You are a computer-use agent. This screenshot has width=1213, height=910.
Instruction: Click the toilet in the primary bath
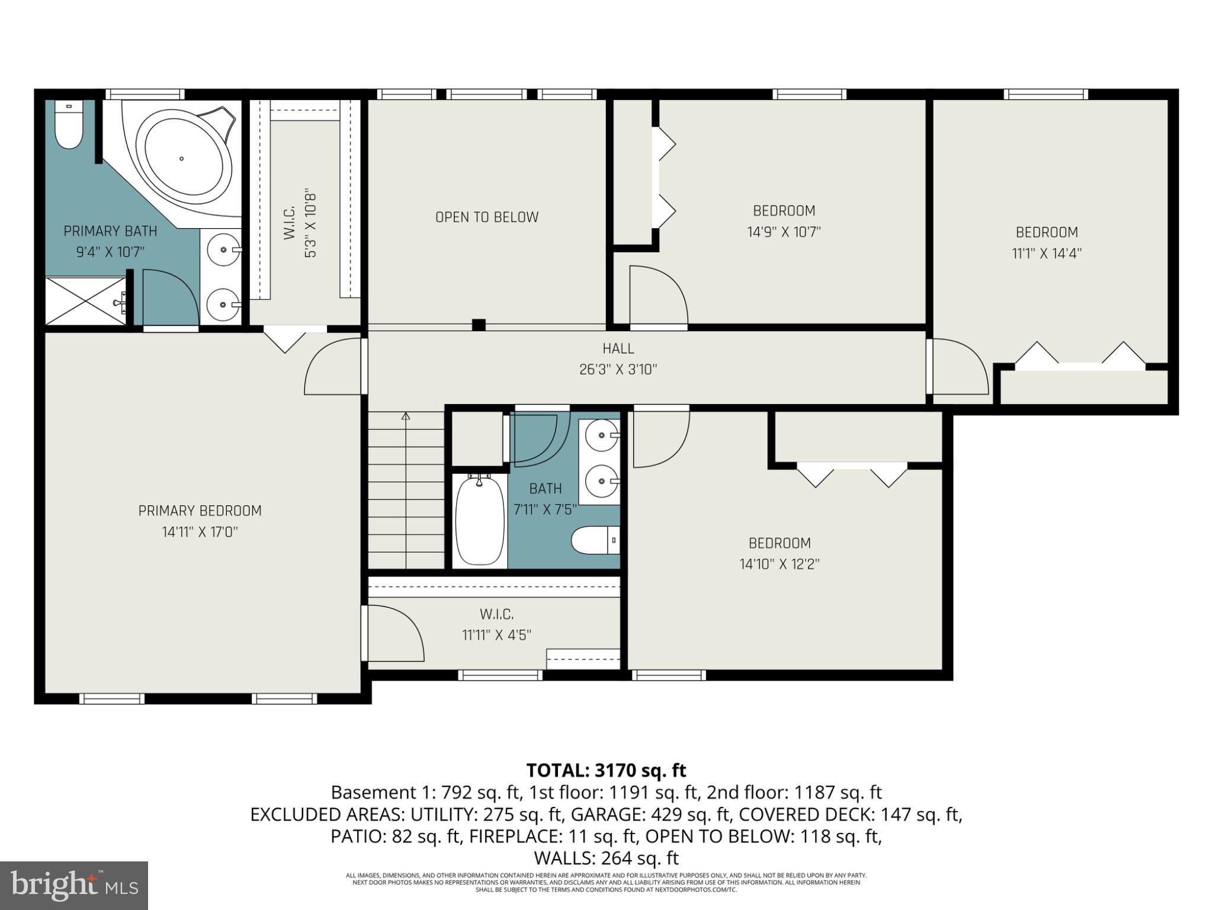pos(69,126)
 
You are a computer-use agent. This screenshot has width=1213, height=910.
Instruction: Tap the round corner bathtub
pos(182,158)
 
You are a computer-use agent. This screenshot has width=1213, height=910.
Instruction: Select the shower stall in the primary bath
pos(86,302)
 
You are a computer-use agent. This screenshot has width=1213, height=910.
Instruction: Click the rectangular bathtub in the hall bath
pos(480,521)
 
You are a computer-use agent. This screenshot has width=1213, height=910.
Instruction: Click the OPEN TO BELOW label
pos(487,217)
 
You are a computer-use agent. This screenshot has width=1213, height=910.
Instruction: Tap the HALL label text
pos(618,349)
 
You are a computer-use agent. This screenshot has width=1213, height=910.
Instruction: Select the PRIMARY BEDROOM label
pos(200,511)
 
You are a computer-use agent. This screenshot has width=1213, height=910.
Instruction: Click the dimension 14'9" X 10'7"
pos(784,232)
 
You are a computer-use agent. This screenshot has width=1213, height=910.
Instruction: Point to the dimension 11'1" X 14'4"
pos(1046,254)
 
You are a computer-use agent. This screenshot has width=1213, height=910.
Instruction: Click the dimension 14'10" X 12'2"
pos(779,564)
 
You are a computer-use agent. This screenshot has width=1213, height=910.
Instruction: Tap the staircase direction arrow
pos(406,417)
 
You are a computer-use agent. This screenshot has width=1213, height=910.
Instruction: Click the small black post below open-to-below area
pos(479,325)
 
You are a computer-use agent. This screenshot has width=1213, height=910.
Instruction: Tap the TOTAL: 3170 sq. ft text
pos(606,770)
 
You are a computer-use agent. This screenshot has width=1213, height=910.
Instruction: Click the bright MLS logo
pos(73,886)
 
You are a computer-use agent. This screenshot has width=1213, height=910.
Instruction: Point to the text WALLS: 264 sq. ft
pos(606,858)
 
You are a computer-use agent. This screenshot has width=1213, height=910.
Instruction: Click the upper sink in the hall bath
pos(601,435)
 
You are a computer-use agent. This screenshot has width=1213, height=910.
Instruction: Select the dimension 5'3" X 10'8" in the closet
pos(310,225)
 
